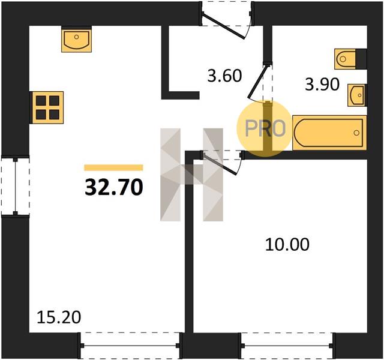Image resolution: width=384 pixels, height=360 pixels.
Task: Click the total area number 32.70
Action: [x=113, y=187]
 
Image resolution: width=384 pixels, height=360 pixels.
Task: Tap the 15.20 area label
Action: [x=59, y=317]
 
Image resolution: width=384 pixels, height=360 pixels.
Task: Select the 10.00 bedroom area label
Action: [x=287, y=244]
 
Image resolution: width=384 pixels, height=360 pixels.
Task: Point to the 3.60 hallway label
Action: [x=224, y=76]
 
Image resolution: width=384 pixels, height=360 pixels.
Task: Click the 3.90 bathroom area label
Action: [x=322, y=85]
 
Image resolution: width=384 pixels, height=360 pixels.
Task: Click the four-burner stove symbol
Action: [x=47, y=107]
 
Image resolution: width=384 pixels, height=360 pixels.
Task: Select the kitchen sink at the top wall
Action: [x=76, y=39]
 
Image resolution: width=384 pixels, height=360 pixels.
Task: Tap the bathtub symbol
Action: [x=329, y=133]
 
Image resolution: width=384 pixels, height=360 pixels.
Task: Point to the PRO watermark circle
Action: [x=265, y=128]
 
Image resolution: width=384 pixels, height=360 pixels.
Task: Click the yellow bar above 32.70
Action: [x=113, y=167]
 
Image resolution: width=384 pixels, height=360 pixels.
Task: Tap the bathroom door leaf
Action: [x=257, y=80]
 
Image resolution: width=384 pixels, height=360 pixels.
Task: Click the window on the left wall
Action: [x=15, y=186]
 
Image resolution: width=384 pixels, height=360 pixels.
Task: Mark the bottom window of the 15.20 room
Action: [x=130, y=346]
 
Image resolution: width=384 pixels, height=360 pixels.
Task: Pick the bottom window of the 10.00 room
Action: [x=287, y=346]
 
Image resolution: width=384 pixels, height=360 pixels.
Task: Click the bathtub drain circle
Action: [x=356, y=133]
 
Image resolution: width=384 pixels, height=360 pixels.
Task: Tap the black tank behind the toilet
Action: [x=361, y=59]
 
